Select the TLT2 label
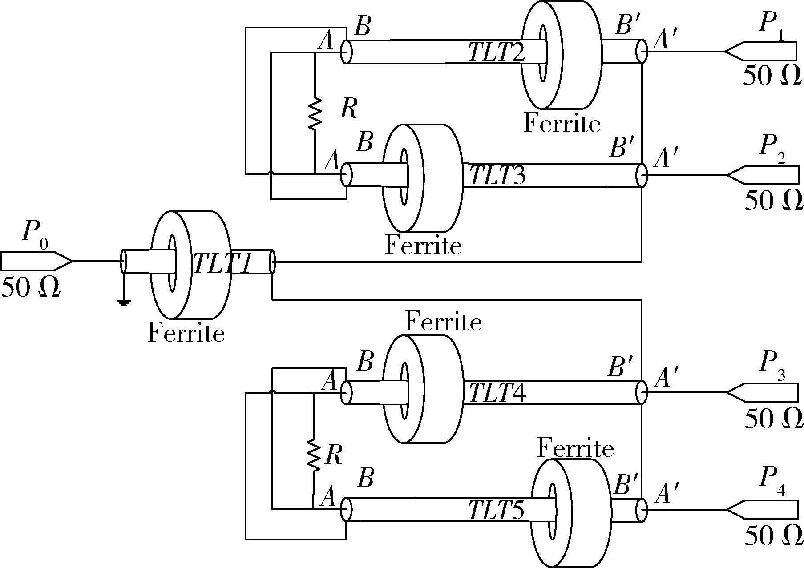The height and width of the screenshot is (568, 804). pyautogui.click(x=497, y=53)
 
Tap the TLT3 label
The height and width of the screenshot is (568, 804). pyautogui.click(x=497, y=175)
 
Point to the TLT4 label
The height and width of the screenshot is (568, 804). pyautogui.click(x=497, y=393)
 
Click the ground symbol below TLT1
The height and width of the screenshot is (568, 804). pyautogui.click(x=124, y=303)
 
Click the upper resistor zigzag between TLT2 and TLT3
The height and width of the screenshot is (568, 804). pyautogui.click(x=315, y=113)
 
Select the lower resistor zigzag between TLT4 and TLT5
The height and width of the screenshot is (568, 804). pyautogui.click(x=313, y=455)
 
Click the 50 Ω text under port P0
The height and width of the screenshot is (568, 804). pyautogui.click(x=31, y=288)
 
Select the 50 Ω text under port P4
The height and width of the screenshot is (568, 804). pyautogui.click(x=773, y=536)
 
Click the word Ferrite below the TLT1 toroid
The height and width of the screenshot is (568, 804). pyautogui.click(x=186, y=332)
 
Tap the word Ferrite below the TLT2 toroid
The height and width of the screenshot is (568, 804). pyautogui.click(x=562, y=123)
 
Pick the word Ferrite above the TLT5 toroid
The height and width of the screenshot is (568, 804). pyautogui.click(x=575, y=448)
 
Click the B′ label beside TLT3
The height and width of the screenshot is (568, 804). pyautogui.click(x=622, y=148)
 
